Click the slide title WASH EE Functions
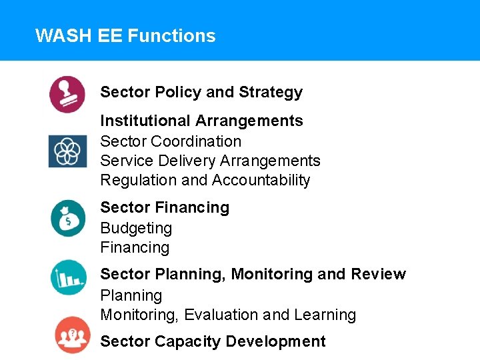pyautogui.click(x=125, y=35)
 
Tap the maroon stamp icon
pyautogui.click(x=67, y=94)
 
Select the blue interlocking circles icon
pyautogui.click(x=67, y=151)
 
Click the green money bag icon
pyautogui.click(x=67, y=218)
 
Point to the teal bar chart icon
pyautogui.click(x=68, y=277)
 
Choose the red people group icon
pyautogui.click(x=72, y=335)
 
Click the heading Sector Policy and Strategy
pyautogui.click(x=201, y=92)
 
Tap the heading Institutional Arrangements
pyautogui.click(x=201, y=121)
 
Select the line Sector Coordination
pyautogui.click(x=171, y=141)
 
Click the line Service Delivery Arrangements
pyautogui.click(x=210, y=161)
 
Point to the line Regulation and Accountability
pyautogui.click(x=205, y=180)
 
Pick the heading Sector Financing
pyautogui.click(x=165, y=207)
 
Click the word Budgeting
pyautogui.click(x=136, y=228)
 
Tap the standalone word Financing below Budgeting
pyautogui.click(x=135, y=247)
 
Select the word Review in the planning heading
pyautogui.click(x=379, y=274)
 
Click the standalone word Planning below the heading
pyautogui.click(x=131, y=295)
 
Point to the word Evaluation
pyautogui.click(x=221, y=315)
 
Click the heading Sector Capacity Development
pyautogui.click(x=213, y=341)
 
